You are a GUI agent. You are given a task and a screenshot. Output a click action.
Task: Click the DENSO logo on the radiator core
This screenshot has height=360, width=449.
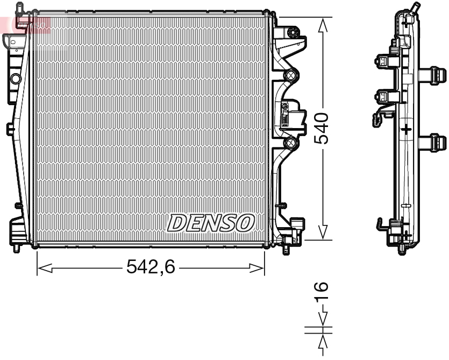click(x=211, y=222)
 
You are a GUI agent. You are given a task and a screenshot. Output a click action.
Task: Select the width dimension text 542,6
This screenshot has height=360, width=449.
click(x=151, y=266)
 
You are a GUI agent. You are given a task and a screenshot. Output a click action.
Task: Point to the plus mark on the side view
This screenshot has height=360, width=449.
click(x=407, y=129)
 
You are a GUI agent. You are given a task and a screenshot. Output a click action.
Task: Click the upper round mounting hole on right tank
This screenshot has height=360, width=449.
click(x=291, y=75)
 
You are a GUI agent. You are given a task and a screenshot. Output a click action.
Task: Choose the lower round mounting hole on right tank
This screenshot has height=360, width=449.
click(x=291, y=143)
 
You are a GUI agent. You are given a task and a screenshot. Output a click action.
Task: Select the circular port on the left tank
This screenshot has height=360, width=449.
click(x=15, y=79)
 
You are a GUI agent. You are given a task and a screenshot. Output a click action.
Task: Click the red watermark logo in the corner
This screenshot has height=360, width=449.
click(x=24, y=24)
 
